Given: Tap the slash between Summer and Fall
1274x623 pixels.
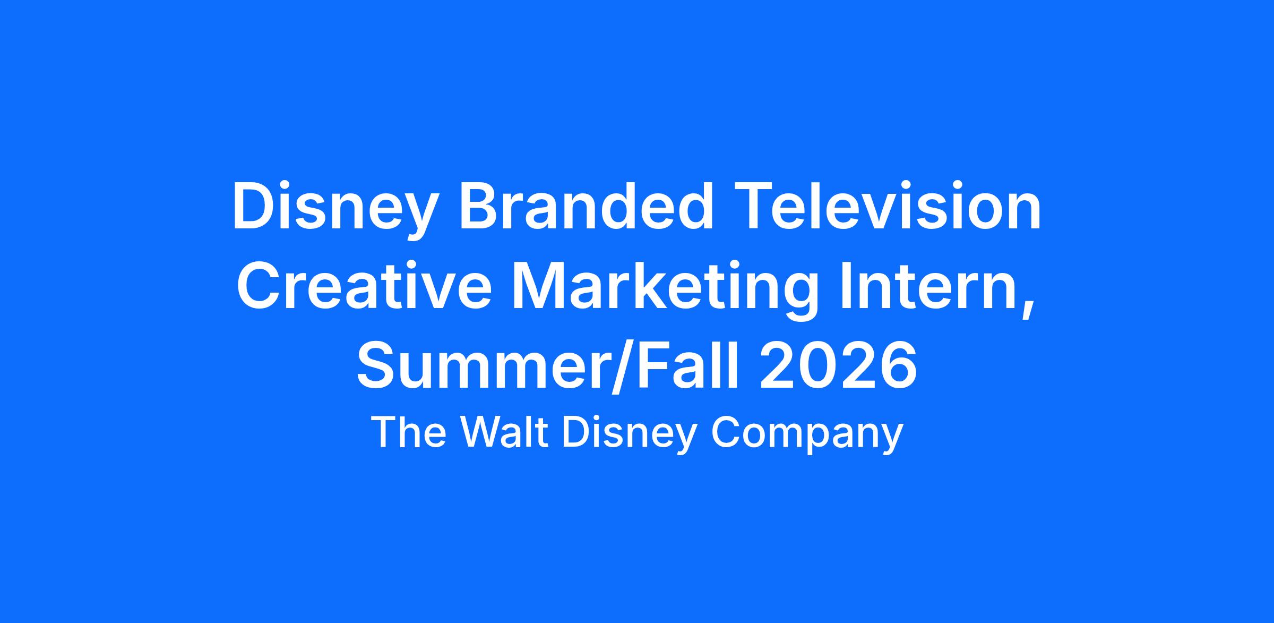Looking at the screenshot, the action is [x=618, y=366].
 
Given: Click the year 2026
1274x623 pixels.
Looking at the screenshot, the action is [x=838, y=365].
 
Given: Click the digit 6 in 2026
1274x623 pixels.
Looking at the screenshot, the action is [x=898, y=365].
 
